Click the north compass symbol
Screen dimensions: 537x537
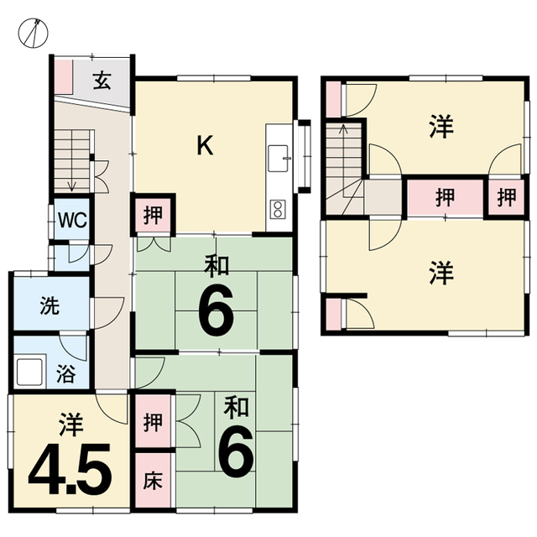coord(33,34)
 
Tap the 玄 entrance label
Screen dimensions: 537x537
coord(102,81)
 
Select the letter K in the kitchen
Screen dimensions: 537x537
coord(205,145)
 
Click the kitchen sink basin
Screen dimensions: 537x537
coord(278,159)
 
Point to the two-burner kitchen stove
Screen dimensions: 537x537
coord(278,209)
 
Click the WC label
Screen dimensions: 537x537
coord(72,220)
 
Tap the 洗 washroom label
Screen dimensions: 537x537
coord(50,305)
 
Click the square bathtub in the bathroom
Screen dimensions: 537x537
coord(30,371)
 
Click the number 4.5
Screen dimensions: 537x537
coord(70,469)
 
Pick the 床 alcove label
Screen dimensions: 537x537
coord(153,480)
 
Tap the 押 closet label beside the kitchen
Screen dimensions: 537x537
coord(153,215)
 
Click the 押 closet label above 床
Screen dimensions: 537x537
coord(153,422)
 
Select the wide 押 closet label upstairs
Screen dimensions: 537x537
coord(445,198)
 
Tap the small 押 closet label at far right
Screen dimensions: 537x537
coord(507,197)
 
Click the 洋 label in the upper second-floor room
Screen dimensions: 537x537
coord(442,127)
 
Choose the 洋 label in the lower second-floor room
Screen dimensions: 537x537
coord(442,273)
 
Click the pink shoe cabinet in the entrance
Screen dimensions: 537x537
coord(64,76)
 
